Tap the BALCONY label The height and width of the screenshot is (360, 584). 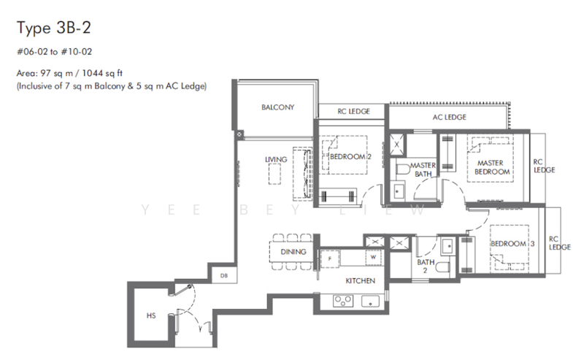click(277, 107)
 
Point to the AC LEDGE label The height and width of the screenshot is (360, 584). click(449, 117)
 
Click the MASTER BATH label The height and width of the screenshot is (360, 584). click(423, 169)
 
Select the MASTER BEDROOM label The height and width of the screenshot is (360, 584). click(492, 167)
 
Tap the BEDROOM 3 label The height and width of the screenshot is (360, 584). click(512, 243)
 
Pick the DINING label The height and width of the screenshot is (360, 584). click(293, 252)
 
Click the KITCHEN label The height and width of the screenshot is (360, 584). click(361, 280)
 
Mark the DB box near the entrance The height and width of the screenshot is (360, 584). click(223, 275)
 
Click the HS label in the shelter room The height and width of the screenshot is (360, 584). click(151, 317)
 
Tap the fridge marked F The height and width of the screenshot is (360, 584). click(331, 257)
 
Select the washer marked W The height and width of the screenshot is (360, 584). click(372, 257)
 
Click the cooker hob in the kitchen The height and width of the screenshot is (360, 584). click(343, 299)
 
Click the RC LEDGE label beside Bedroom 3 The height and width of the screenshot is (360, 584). click(559, 242)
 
